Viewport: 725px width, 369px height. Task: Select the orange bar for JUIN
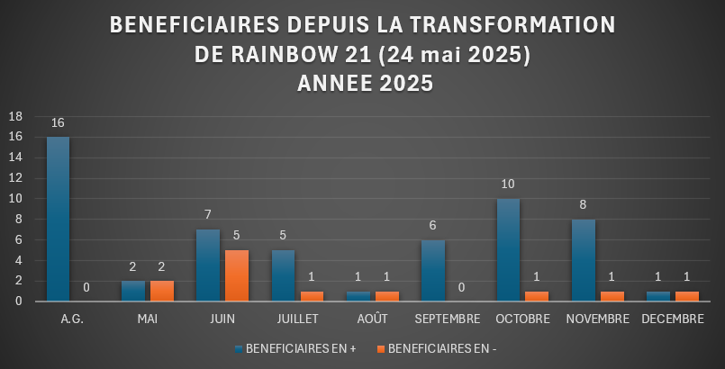tap(236, 275)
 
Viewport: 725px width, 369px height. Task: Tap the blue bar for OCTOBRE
tap(508, 249)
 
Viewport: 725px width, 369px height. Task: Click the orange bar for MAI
tap(163, 291)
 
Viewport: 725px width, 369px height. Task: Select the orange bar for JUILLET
tap(312, 296)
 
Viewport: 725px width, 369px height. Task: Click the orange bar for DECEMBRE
tap(686, 296)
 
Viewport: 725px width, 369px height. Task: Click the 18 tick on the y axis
tap(15, 116)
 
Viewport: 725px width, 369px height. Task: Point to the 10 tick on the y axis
tap(15, 199)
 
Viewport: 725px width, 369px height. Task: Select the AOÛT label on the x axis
tap(365, 319)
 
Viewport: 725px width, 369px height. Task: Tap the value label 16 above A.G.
tap(58, 122)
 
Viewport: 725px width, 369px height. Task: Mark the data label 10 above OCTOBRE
tap(508, 184)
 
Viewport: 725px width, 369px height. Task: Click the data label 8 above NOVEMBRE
tap(584, 205)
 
